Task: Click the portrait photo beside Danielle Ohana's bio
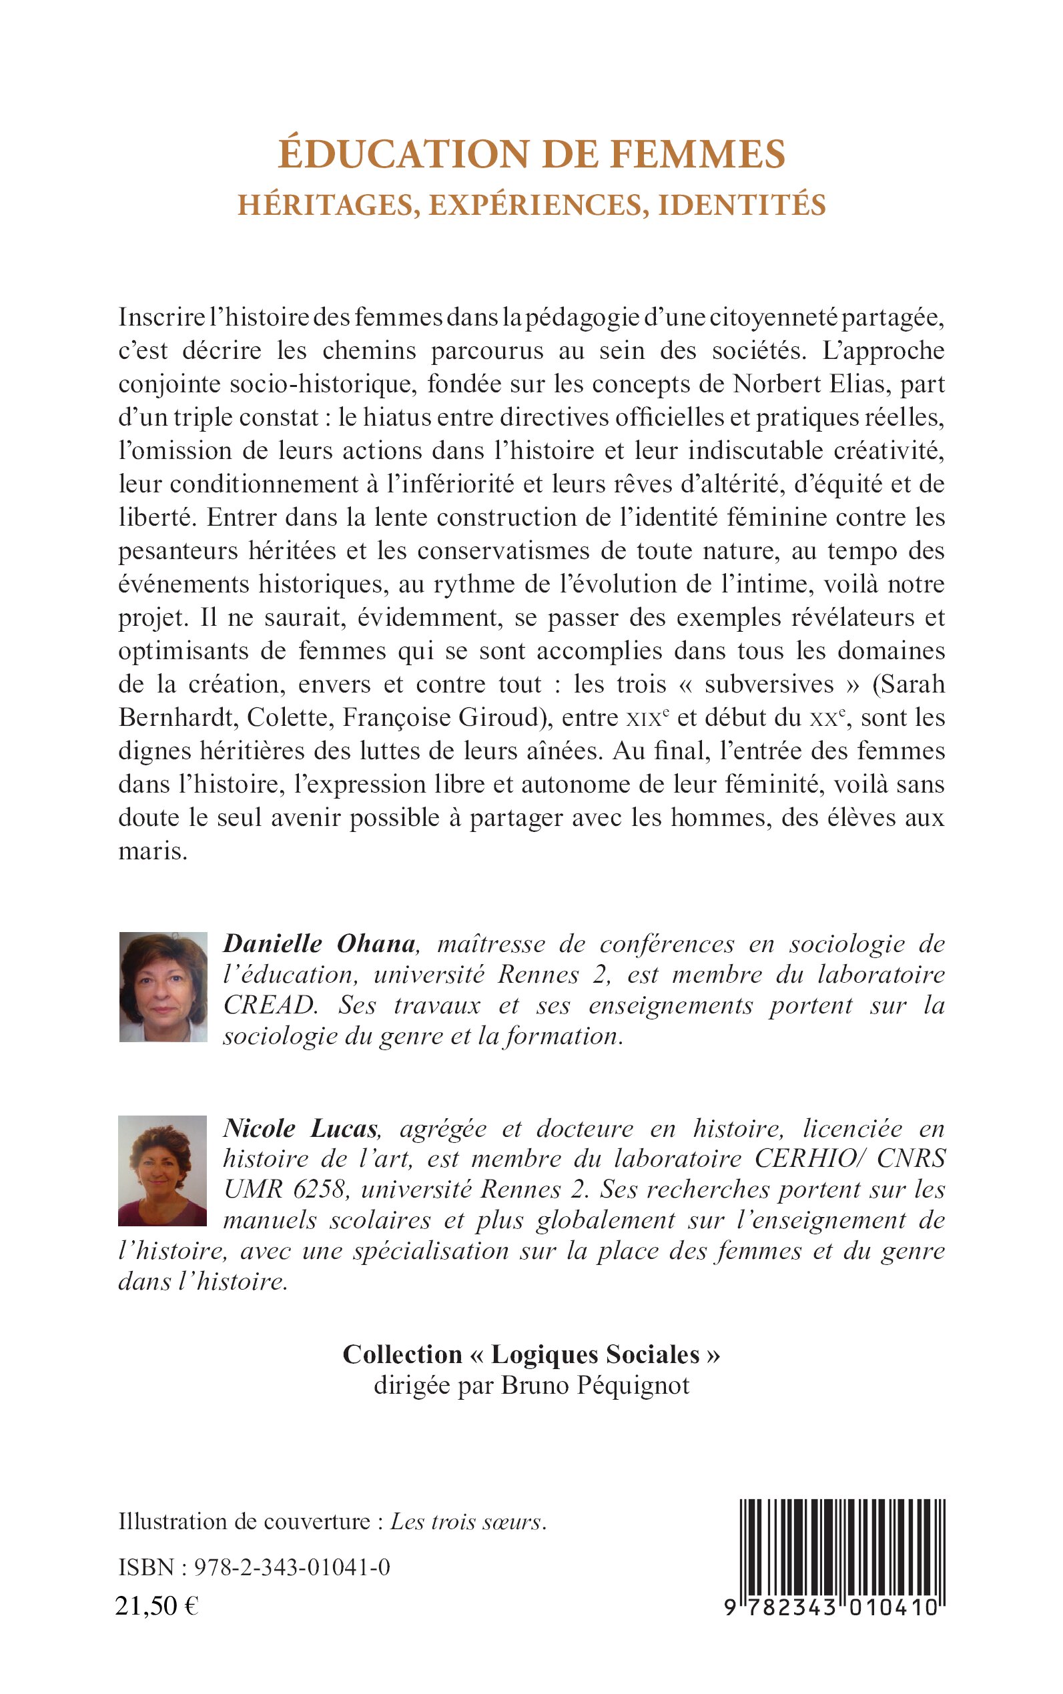click(163, 986)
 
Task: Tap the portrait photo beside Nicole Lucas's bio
click(162, 1170)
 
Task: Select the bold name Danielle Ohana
click(319, 944)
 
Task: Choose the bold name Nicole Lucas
click(301, 1128)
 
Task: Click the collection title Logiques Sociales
click(595, 1355)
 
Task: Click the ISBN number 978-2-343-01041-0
click(292, 1567)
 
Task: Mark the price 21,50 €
click(157, 1606)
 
